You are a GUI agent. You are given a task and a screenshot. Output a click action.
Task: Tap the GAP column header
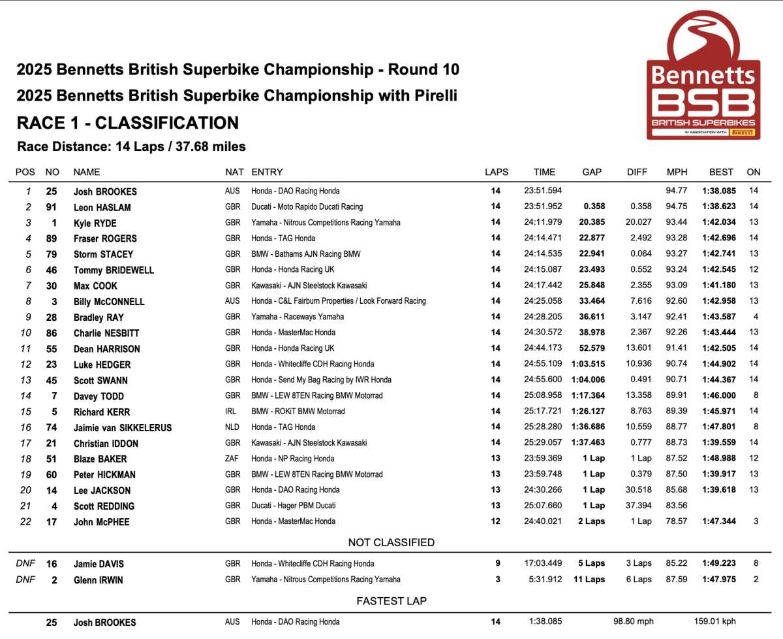pos(592,172)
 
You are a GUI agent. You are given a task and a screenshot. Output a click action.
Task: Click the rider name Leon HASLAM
pos(102,207)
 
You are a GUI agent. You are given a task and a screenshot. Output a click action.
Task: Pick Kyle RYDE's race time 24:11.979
pos(544,223)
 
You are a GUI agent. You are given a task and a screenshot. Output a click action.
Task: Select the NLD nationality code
pos(233,427)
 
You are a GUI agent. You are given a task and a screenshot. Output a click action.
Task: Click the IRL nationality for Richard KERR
pos(232,412)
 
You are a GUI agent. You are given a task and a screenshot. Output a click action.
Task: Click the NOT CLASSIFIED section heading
pos(391,542)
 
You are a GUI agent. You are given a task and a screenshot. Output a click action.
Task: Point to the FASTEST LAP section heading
pos(391,600)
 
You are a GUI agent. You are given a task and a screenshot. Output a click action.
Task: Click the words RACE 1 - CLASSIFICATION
pos(127,123)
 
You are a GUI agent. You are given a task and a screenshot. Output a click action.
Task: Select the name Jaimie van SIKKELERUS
pos(123,428)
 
